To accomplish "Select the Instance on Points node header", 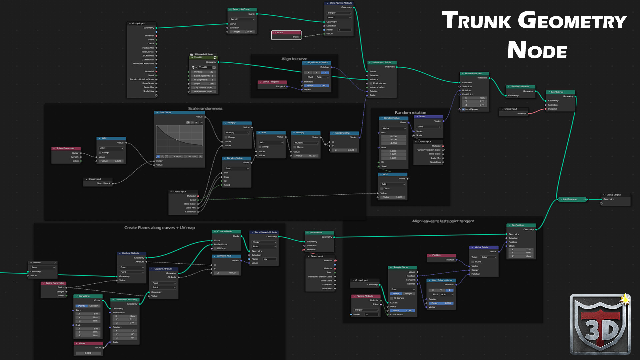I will (382, 63).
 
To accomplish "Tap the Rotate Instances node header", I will (475, 73).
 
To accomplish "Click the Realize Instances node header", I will (521, 86).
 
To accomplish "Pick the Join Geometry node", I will (572, 199).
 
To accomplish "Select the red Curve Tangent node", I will (272, 82).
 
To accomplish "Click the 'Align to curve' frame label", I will (294, 59).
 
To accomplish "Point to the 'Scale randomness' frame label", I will (205, 108).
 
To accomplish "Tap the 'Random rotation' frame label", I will (410, 113).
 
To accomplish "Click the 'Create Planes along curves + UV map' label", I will (159, 228).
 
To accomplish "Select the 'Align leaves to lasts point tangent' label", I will (443, 221).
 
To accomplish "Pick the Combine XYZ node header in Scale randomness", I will (344, 133).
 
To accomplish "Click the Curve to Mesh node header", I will (226, 231).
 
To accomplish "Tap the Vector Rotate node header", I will (483, 247).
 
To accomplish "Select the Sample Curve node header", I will (402, 267).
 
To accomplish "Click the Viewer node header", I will (43, 263).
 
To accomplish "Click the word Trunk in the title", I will (476, 21).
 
